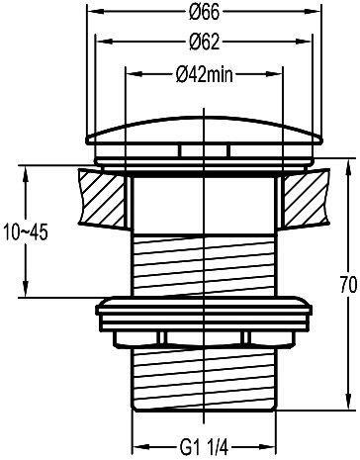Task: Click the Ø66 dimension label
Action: pos(205,12)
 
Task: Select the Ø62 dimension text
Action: pos(205,42)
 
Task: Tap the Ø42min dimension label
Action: pos(205,74)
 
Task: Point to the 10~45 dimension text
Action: pos(26,232)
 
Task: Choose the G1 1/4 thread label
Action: pos(205,448)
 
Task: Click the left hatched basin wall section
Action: pos(102,198)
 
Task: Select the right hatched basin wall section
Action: pos(307,198)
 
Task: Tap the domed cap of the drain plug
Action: pos(205,131)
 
